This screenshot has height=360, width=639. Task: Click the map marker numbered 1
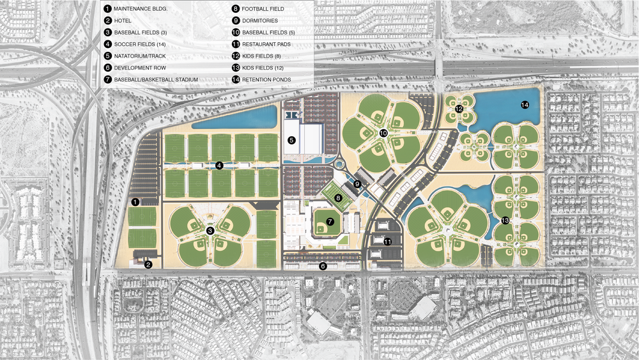pyautogui.click(x=135, y=201)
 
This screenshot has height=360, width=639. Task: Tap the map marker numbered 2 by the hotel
pyautogui.click(x=148, y=264)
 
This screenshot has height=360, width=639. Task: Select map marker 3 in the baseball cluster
pyautogui.click(x=210, y=230)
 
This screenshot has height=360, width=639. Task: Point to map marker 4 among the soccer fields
pyautogui.click(x=219, y=166)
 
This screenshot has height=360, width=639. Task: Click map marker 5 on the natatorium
pyautogui.click(x=291, y=140)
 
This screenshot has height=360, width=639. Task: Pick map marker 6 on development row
pyautogui.click(x=323, y=266)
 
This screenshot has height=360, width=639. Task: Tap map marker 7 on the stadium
pyautogui.click(x=330, y=222)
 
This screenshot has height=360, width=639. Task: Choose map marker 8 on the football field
pyautogui.click(x=338, y=198)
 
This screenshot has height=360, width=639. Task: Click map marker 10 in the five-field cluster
pyautogui.click(x=383, y=133)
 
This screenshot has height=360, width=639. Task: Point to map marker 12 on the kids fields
pyautogui.click(x=459, y=109)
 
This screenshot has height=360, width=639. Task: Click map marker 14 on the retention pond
pyautogui.click(x=525, y=104)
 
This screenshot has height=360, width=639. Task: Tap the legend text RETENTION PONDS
pyautogui.click(x=266, y=79)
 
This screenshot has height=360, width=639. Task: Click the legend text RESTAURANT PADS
pyautogui.click(x=268, y=45)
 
